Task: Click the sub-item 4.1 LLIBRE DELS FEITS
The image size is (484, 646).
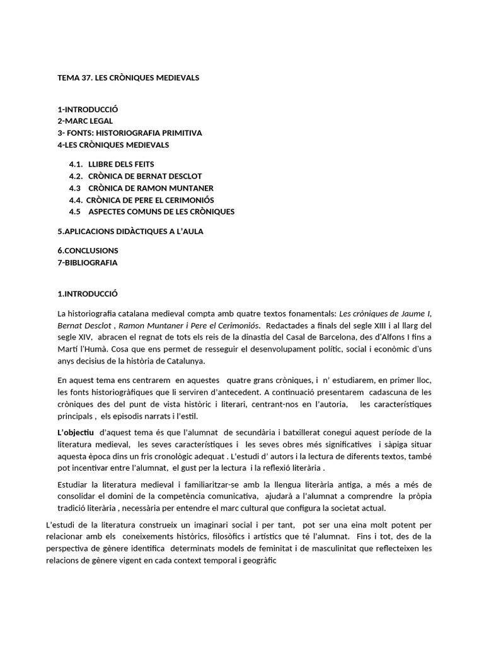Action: coord(112,164)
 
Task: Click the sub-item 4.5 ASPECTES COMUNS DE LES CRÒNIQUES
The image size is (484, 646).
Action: coord(151,211)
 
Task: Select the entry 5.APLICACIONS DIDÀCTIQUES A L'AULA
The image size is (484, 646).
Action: coord(130,232)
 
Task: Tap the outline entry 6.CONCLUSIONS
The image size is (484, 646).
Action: coord(88,250)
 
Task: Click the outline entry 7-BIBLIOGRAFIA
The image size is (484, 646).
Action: coord(87,262)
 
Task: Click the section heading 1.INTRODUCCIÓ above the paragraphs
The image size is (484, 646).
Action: coord(88,294)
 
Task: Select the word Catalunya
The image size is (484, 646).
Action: coord(184,361)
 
